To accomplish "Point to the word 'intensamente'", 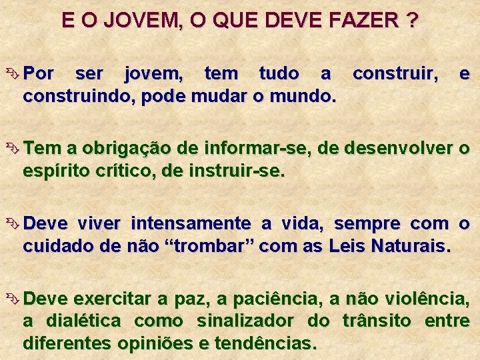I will (x=191, y=223).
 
